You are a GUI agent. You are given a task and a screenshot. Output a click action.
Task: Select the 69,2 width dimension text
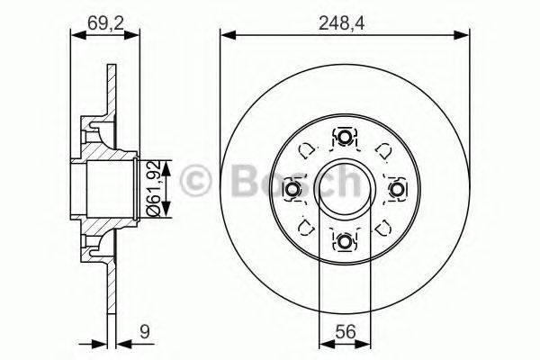(x=105, y=14)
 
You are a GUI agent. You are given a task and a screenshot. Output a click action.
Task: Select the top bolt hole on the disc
(x=345, y=137)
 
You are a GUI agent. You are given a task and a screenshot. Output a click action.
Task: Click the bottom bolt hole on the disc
(x=345, y=241)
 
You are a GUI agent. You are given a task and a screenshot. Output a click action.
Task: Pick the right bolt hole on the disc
(x=397, y=189)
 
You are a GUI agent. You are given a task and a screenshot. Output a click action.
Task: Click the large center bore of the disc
(x=345, y=189)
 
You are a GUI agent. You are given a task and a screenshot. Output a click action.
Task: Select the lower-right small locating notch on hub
(x=382, y=227)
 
